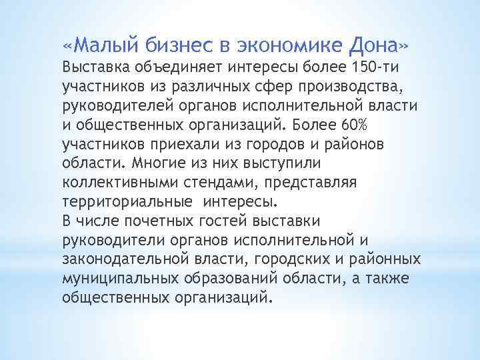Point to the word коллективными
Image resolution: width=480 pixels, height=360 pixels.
[117, 182]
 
